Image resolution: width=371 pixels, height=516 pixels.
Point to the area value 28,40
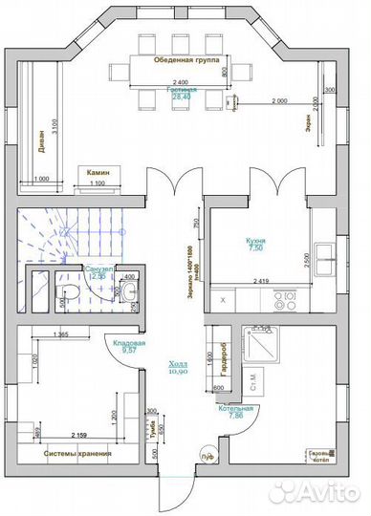tap(181, 96)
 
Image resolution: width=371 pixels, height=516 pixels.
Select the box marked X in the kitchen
tap(223, 300)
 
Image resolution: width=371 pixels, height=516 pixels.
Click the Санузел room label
tap(98, 269)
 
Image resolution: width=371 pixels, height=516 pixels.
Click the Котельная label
tap(235, 409)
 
